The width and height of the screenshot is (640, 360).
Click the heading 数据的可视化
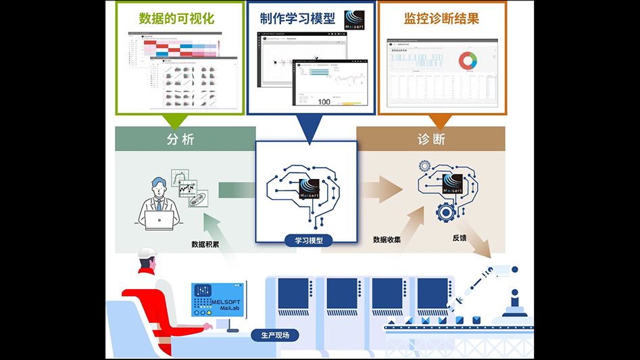[x=176, y=18]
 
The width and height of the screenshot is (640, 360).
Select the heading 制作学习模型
[x=298, y=18]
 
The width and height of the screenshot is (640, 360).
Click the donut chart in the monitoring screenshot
[x=468, y=61]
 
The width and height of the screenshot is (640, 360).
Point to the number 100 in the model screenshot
[x=323, y=101]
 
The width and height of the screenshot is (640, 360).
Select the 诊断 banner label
[x=431, y=139]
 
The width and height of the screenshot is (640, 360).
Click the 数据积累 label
[x=205, y=244]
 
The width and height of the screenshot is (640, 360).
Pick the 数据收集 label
[x=387, y=239]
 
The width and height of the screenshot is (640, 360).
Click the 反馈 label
[x=460, y=238]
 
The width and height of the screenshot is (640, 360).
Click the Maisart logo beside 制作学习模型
[x=355, y=20]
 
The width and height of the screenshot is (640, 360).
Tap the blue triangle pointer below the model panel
[x=306, y=134]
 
